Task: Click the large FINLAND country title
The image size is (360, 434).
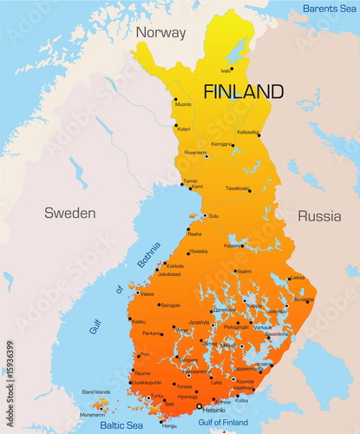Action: pos(243,91)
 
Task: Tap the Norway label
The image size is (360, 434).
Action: pos(160,33)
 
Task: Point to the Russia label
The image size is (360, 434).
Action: pos(318,216)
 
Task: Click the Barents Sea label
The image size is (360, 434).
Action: pos(330,9)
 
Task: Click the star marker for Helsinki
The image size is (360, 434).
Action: pos(199,405)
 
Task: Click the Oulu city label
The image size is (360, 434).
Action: pos(213,216)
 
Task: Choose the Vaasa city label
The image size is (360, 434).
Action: pos(147,293)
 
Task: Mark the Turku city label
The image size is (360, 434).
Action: pos(156,397)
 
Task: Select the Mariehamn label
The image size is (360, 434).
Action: pos(93,415)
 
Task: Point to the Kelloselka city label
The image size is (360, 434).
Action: pos(247,132)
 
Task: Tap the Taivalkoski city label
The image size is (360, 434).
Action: pos(237,188)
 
